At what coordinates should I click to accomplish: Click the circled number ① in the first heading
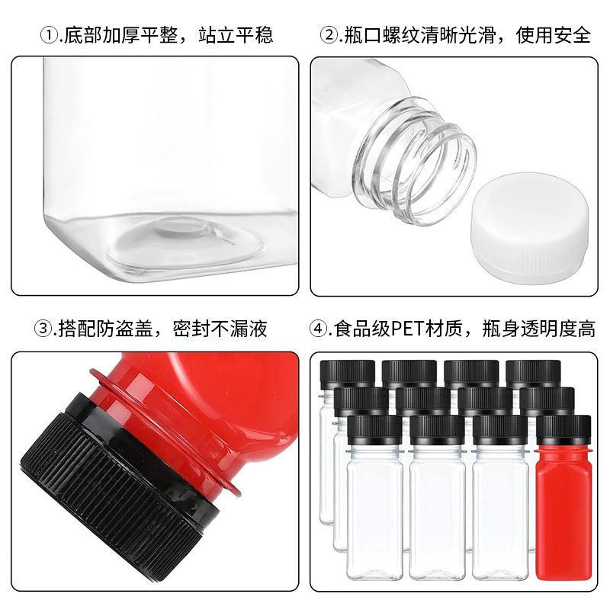(49, 36)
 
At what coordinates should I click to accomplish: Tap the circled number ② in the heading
(329, 36)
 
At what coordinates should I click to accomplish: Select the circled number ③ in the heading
(43, 329)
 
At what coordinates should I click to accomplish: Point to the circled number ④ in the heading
(318, 329)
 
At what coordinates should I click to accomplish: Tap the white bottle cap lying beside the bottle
(529, 223)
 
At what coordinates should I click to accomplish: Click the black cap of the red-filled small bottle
(563, 431)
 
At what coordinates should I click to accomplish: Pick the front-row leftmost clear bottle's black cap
(374, 431)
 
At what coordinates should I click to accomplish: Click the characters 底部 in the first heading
(82, 35)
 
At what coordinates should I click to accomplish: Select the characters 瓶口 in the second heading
(363, 35)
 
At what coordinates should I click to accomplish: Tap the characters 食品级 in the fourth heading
(362, 329)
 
